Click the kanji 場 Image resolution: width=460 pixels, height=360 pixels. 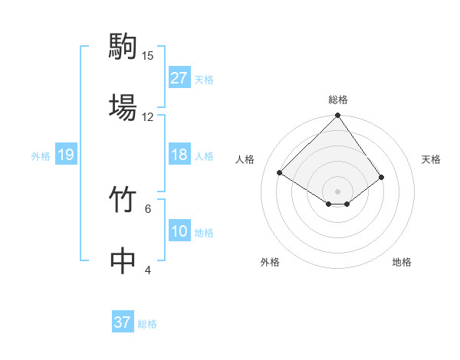coord(123,106)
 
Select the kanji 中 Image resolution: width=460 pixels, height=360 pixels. coord(123,260)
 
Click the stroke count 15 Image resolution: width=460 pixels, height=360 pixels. coord(148,56)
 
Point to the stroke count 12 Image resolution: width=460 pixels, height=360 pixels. coord(148,116)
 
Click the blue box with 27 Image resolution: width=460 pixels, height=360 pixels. coord(179,78)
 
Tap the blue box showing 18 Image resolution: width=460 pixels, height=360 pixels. coord(179,155)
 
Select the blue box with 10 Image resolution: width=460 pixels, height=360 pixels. coord(179,231)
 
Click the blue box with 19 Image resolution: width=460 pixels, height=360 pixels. coord(65,155)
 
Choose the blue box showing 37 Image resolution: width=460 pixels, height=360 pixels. coord(122,322)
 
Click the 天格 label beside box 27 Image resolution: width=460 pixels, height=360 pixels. coord(204,79)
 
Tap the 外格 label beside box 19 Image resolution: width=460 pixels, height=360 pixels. coord(41,155)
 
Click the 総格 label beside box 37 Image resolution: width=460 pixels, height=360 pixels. coord(147,323)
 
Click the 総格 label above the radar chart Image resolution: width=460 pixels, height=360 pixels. coord(338,100)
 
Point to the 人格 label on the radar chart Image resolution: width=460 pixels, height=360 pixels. coord(246,159)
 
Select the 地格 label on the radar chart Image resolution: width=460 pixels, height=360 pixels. coord(402,262)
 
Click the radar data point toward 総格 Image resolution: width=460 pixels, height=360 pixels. coord(337,116)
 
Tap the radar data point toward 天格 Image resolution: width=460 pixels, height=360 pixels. coord(381,177)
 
